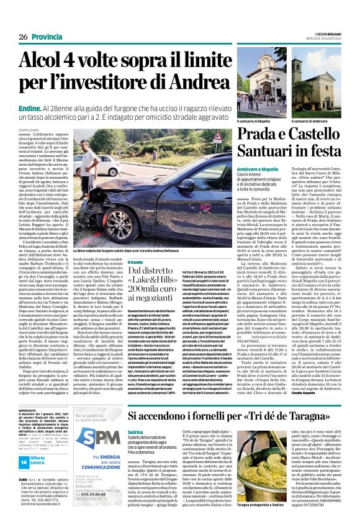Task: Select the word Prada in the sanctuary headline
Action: click(x=254, y=133)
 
